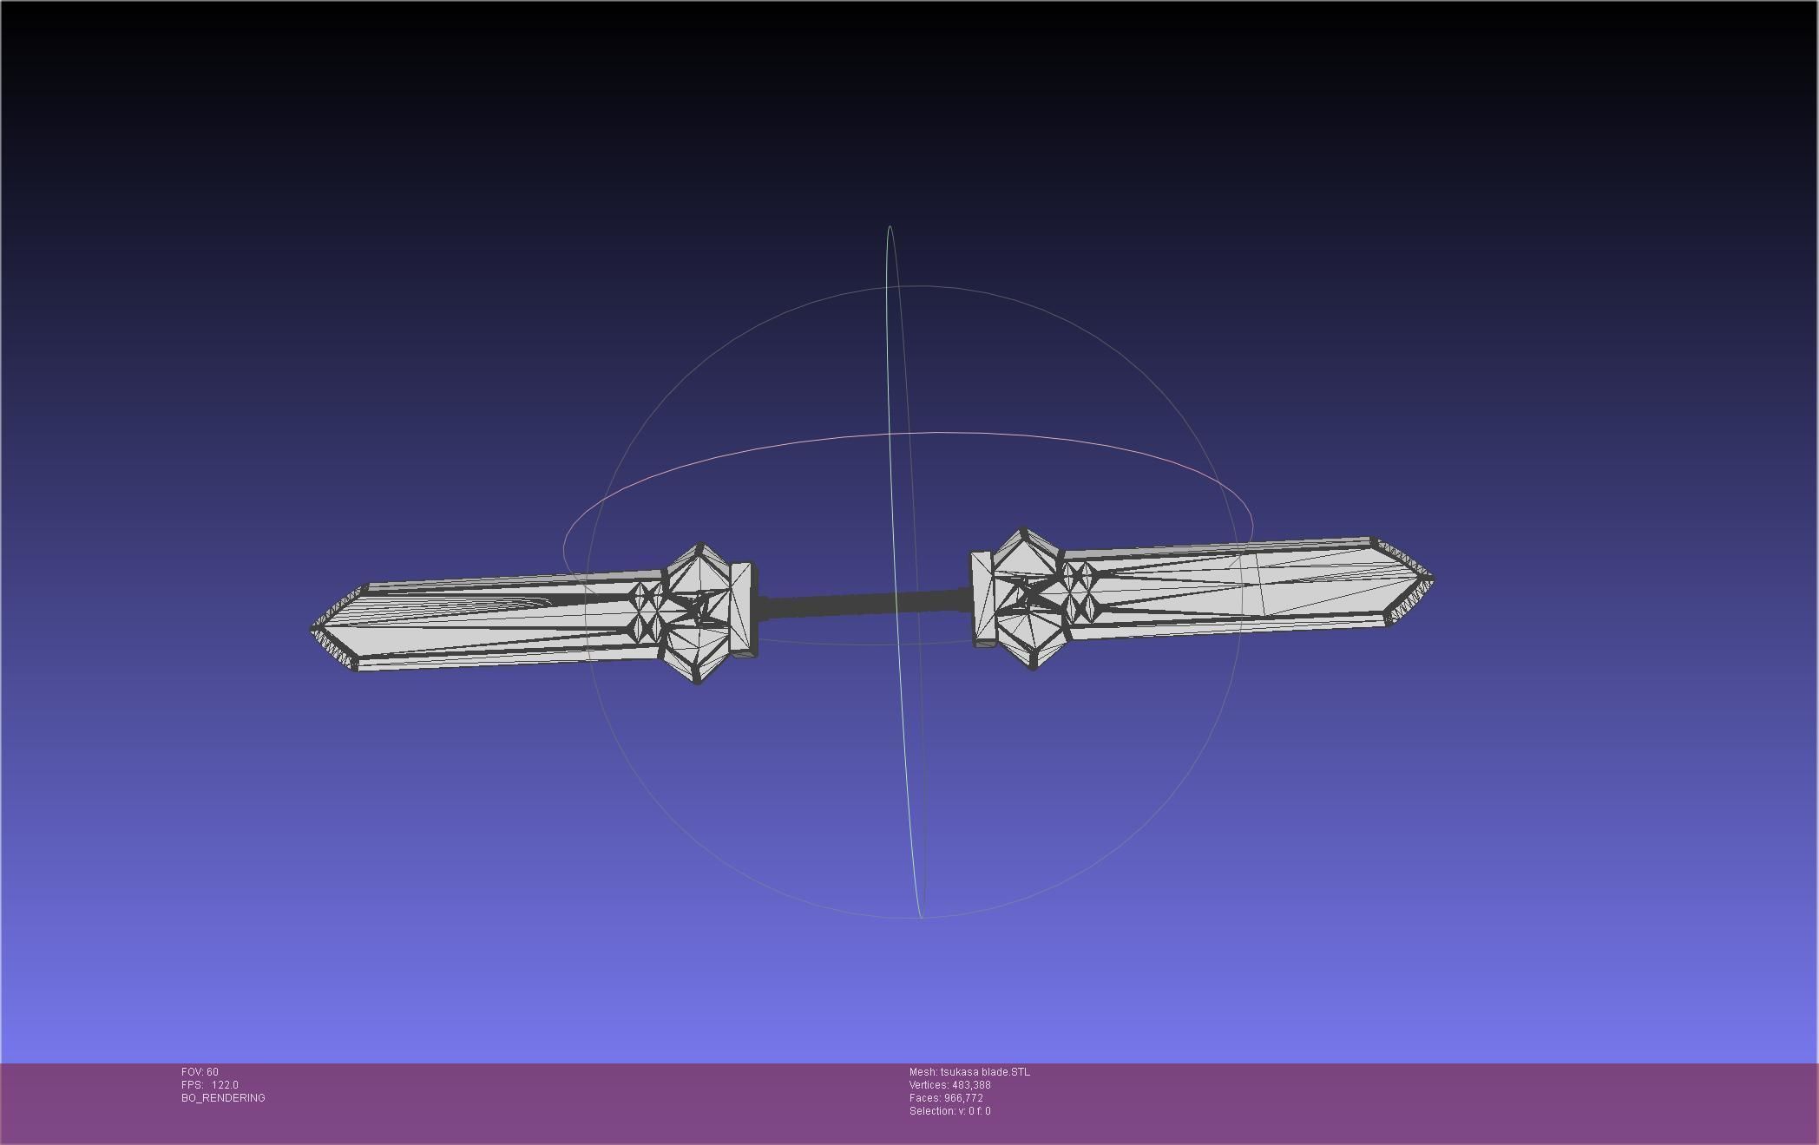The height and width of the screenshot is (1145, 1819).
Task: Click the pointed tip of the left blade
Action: coord(312,629)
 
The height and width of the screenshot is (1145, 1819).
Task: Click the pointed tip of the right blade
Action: coord(1432,578)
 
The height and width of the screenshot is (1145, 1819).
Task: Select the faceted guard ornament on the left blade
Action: coord(697,612)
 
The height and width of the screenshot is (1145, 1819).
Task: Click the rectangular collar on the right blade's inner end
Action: coord(982,599)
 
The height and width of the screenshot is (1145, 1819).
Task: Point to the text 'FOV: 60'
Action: coord(200,1072)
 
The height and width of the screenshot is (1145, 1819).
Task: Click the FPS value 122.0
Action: coord(225,1085)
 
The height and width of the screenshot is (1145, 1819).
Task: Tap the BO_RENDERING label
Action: coord(223,1098)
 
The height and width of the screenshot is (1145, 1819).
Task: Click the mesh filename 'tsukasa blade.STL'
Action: coord(985,1072)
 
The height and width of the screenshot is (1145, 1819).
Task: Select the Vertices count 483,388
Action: coord(970,1085)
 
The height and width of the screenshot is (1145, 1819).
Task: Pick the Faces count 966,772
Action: coord(963,1098)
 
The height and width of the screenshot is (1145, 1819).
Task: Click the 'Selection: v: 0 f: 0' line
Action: coord(949,1111)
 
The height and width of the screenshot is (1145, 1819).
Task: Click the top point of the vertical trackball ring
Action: coord(890,226)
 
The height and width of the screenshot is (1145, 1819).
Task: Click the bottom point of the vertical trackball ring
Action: coord(920,917)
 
